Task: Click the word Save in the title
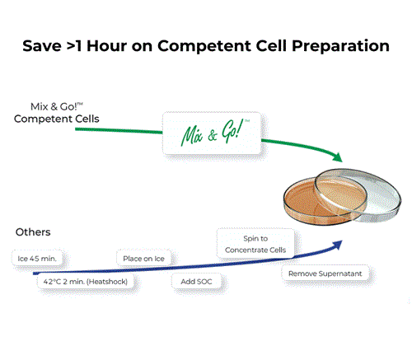[x=43, y=45]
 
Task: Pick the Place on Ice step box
[x=144, y=259]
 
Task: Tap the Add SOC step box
[x=194, y=282]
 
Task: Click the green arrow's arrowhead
[x=335, y=157]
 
